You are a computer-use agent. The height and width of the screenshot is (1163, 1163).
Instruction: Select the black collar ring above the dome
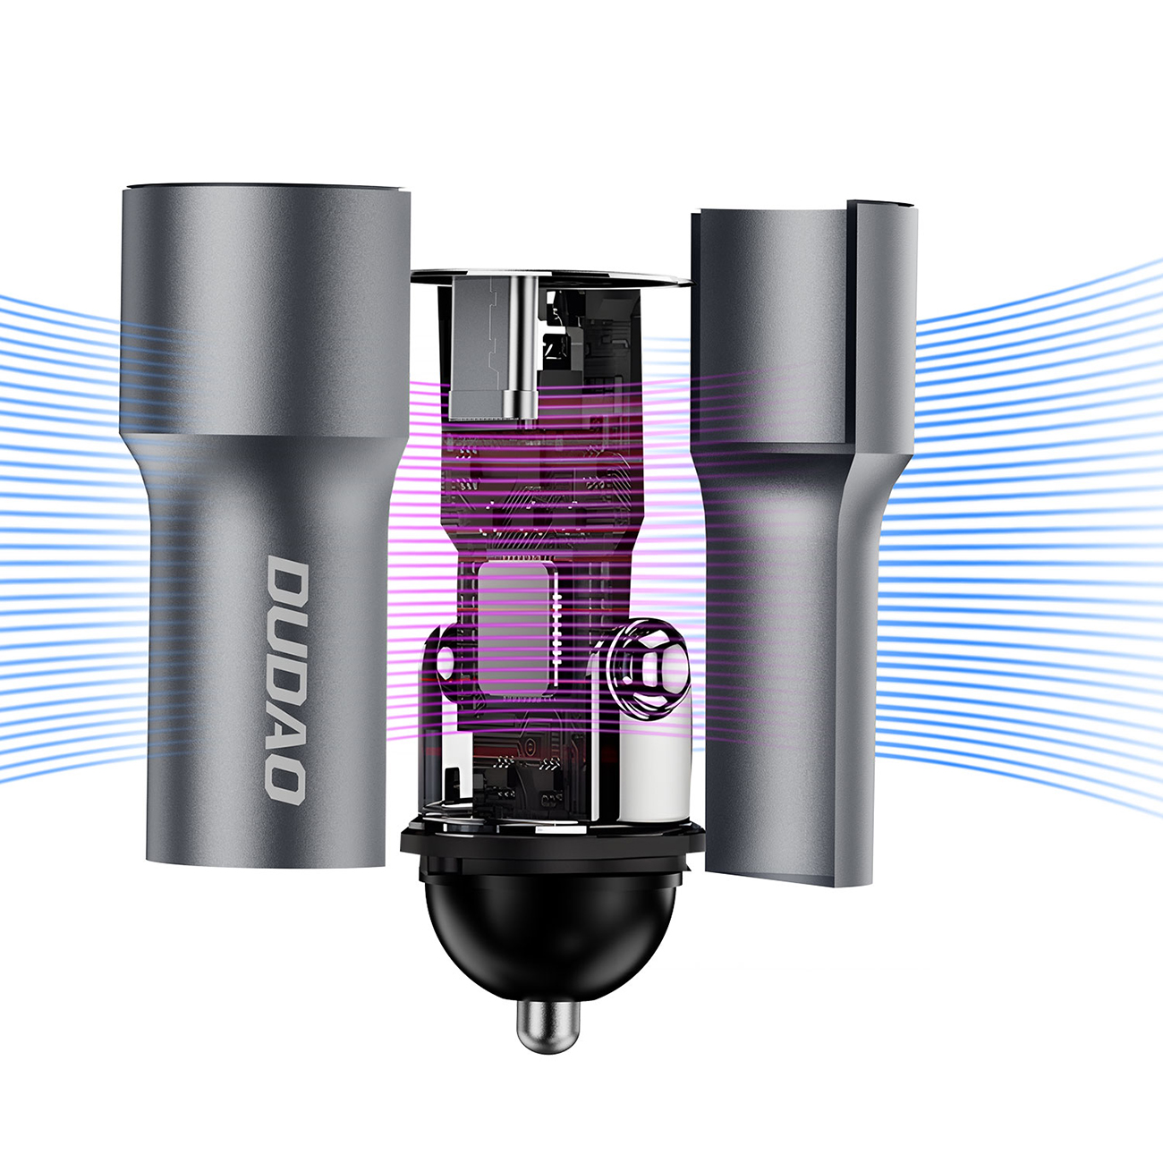pyautogui.click(x=552, y=845)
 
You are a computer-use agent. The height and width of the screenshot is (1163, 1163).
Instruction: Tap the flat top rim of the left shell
pyautogui.click(x=266, y=190)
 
